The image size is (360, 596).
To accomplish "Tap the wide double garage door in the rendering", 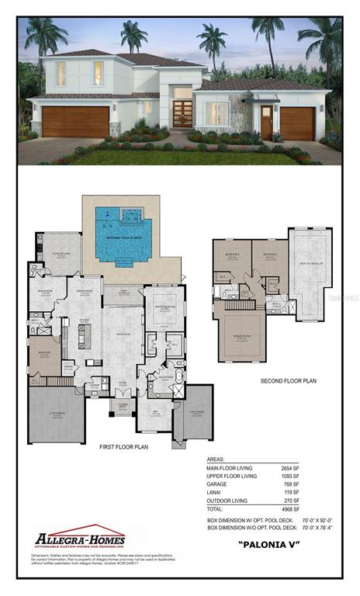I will pyautogui.click(x=75, y=122).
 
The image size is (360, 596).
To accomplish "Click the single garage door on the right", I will pyautogui.click(x=297, y=124).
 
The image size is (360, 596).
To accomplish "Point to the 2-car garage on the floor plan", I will pyautogui.click(x=58, y=416).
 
